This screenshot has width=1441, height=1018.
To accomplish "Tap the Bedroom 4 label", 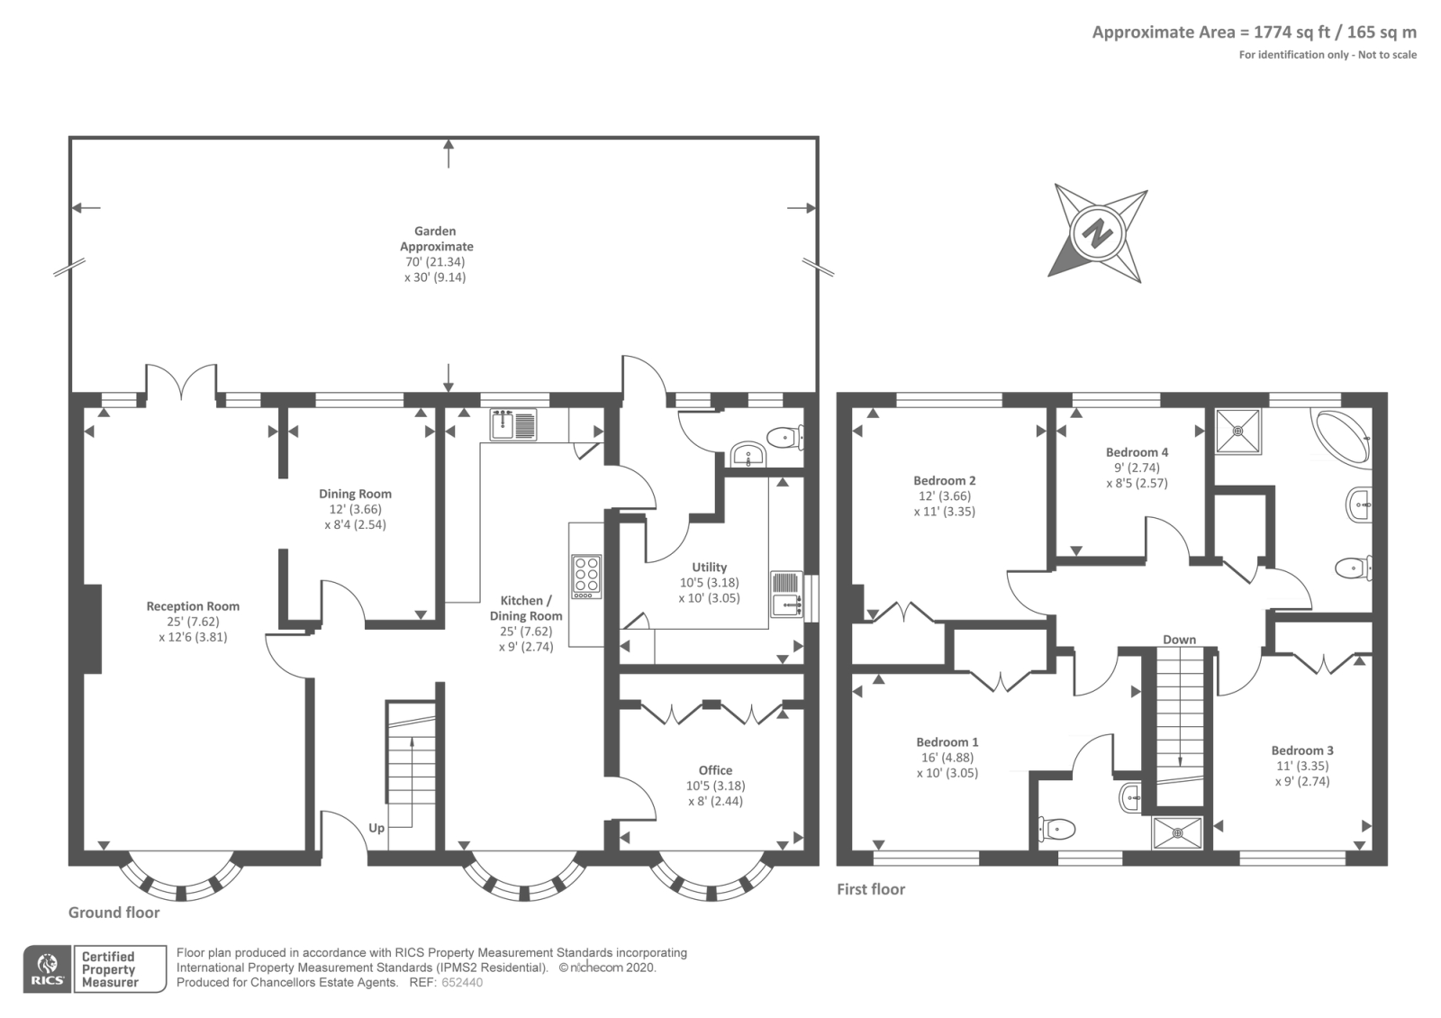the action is [x=1137, y=452].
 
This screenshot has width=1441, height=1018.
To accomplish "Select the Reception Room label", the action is [x=193, y=606].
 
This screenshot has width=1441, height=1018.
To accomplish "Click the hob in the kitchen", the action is [x=586, y=576].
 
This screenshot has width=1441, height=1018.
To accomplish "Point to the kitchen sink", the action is [x=513, y=424].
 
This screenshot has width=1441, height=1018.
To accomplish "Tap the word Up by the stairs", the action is [x=376, y=828].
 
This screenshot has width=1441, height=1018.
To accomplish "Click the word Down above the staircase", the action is [x=1179, y=640].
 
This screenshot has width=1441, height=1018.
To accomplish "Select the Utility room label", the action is [x=710, y=567].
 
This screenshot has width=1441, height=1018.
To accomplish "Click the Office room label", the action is [x=715, y=770].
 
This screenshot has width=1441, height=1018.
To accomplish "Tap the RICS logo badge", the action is [x=48, y=969].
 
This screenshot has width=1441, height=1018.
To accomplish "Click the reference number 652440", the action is [x=462, y=983].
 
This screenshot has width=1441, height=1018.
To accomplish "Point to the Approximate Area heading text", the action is [x=1255, y=32].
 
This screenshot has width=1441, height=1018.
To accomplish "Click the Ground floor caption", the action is [x=113, y=913].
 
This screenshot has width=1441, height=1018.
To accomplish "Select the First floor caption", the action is [x=870, y=889].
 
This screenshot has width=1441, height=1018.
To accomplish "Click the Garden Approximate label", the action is [x=436, y=239].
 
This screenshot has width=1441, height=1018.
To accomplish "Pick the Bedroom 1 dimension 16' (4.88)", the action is [x=947, y=758].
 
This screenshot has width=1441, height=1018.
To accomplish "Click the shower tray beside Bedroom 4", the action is [x=1237, y=431].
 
